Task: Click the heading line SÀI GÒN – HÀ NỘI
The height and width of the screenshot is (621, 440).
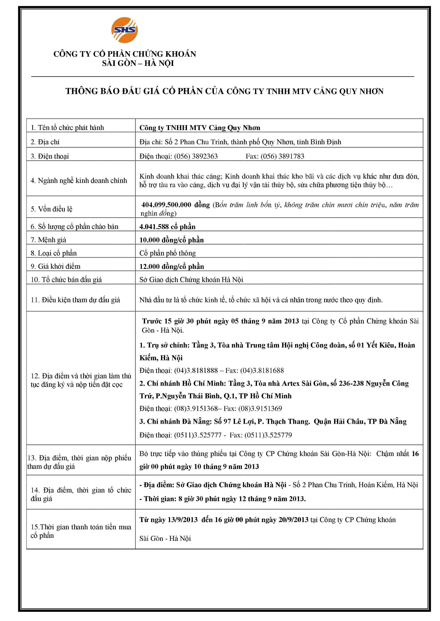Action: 138,63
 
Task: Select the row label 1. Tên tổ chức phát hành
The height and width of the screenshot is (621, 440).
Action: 67,128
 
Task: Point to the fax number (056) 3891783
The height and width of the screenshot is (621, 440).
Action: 282,156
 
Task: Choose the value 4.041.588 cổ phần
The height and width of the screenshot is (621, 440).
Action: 167,227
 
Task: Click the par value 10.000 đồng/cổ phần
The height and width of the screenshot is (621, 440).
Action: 171,240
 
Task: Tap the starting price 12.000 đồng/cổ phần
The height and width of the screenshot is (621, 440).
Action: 171,266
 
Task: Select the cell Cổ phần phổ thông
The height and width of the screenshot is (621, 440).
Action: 167,253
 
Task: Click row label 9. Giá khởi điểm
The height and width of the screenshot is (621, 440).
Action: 56,266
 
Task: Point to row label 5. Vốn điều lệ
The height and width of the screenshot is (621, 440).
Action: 51,209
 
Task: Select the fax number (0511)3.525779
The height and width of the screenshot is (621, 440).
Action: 268,435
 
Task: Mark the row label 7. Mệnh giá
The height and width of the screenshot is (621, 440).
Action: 48,240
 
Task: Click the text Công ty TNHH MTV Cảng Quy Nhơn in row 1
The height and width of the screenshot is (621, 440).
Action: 200,128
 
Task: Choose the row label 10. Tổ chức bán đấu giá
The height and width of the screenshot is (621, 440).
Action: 66,280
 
